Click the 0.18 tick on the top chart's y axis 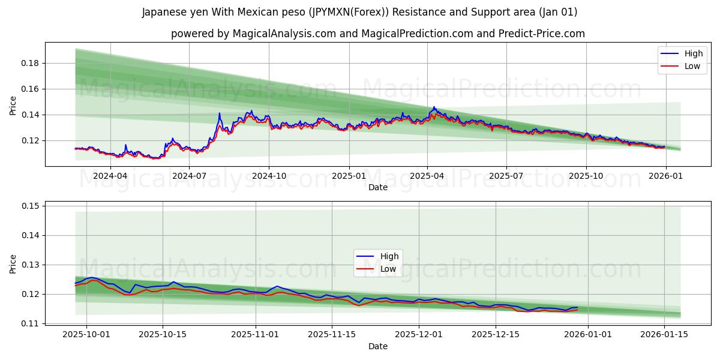pos(31,63)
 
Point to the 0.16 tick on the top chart pos(31,89)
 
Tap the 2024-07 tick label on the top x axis pos(189,176)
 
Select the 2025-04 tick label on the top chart pos(427,176)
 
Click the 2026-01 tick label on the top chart pos(665,176)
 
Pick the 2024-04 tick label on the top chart pos(110,176)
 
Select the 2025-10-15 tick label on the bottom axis pos(163,334)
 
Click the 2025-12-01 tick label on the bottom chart pos(419,334)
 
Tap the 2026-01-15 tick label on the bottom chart pos(664,334)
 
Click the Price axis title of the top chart pos(13,105)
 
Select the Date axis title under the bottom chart pos(378,346)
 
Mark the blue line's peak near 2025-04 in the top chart pos(434,107)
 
